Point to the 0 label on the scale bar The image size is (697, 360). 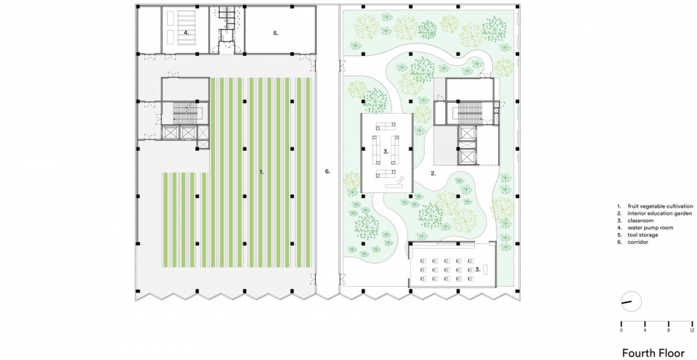(621, 330)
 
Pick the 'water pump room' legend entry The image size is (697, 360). (642, 228)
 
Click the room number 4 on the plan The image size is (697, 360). (187, 33)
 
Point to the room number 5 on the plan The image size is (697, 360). (276, 33)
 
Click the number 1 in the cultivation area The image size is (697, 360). (262, 172)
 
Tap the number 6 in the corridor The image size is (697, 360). (327, 171)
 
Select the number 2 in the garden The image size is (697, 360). (433, 173)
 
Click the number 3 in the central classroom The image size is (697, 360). (386, 151)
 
